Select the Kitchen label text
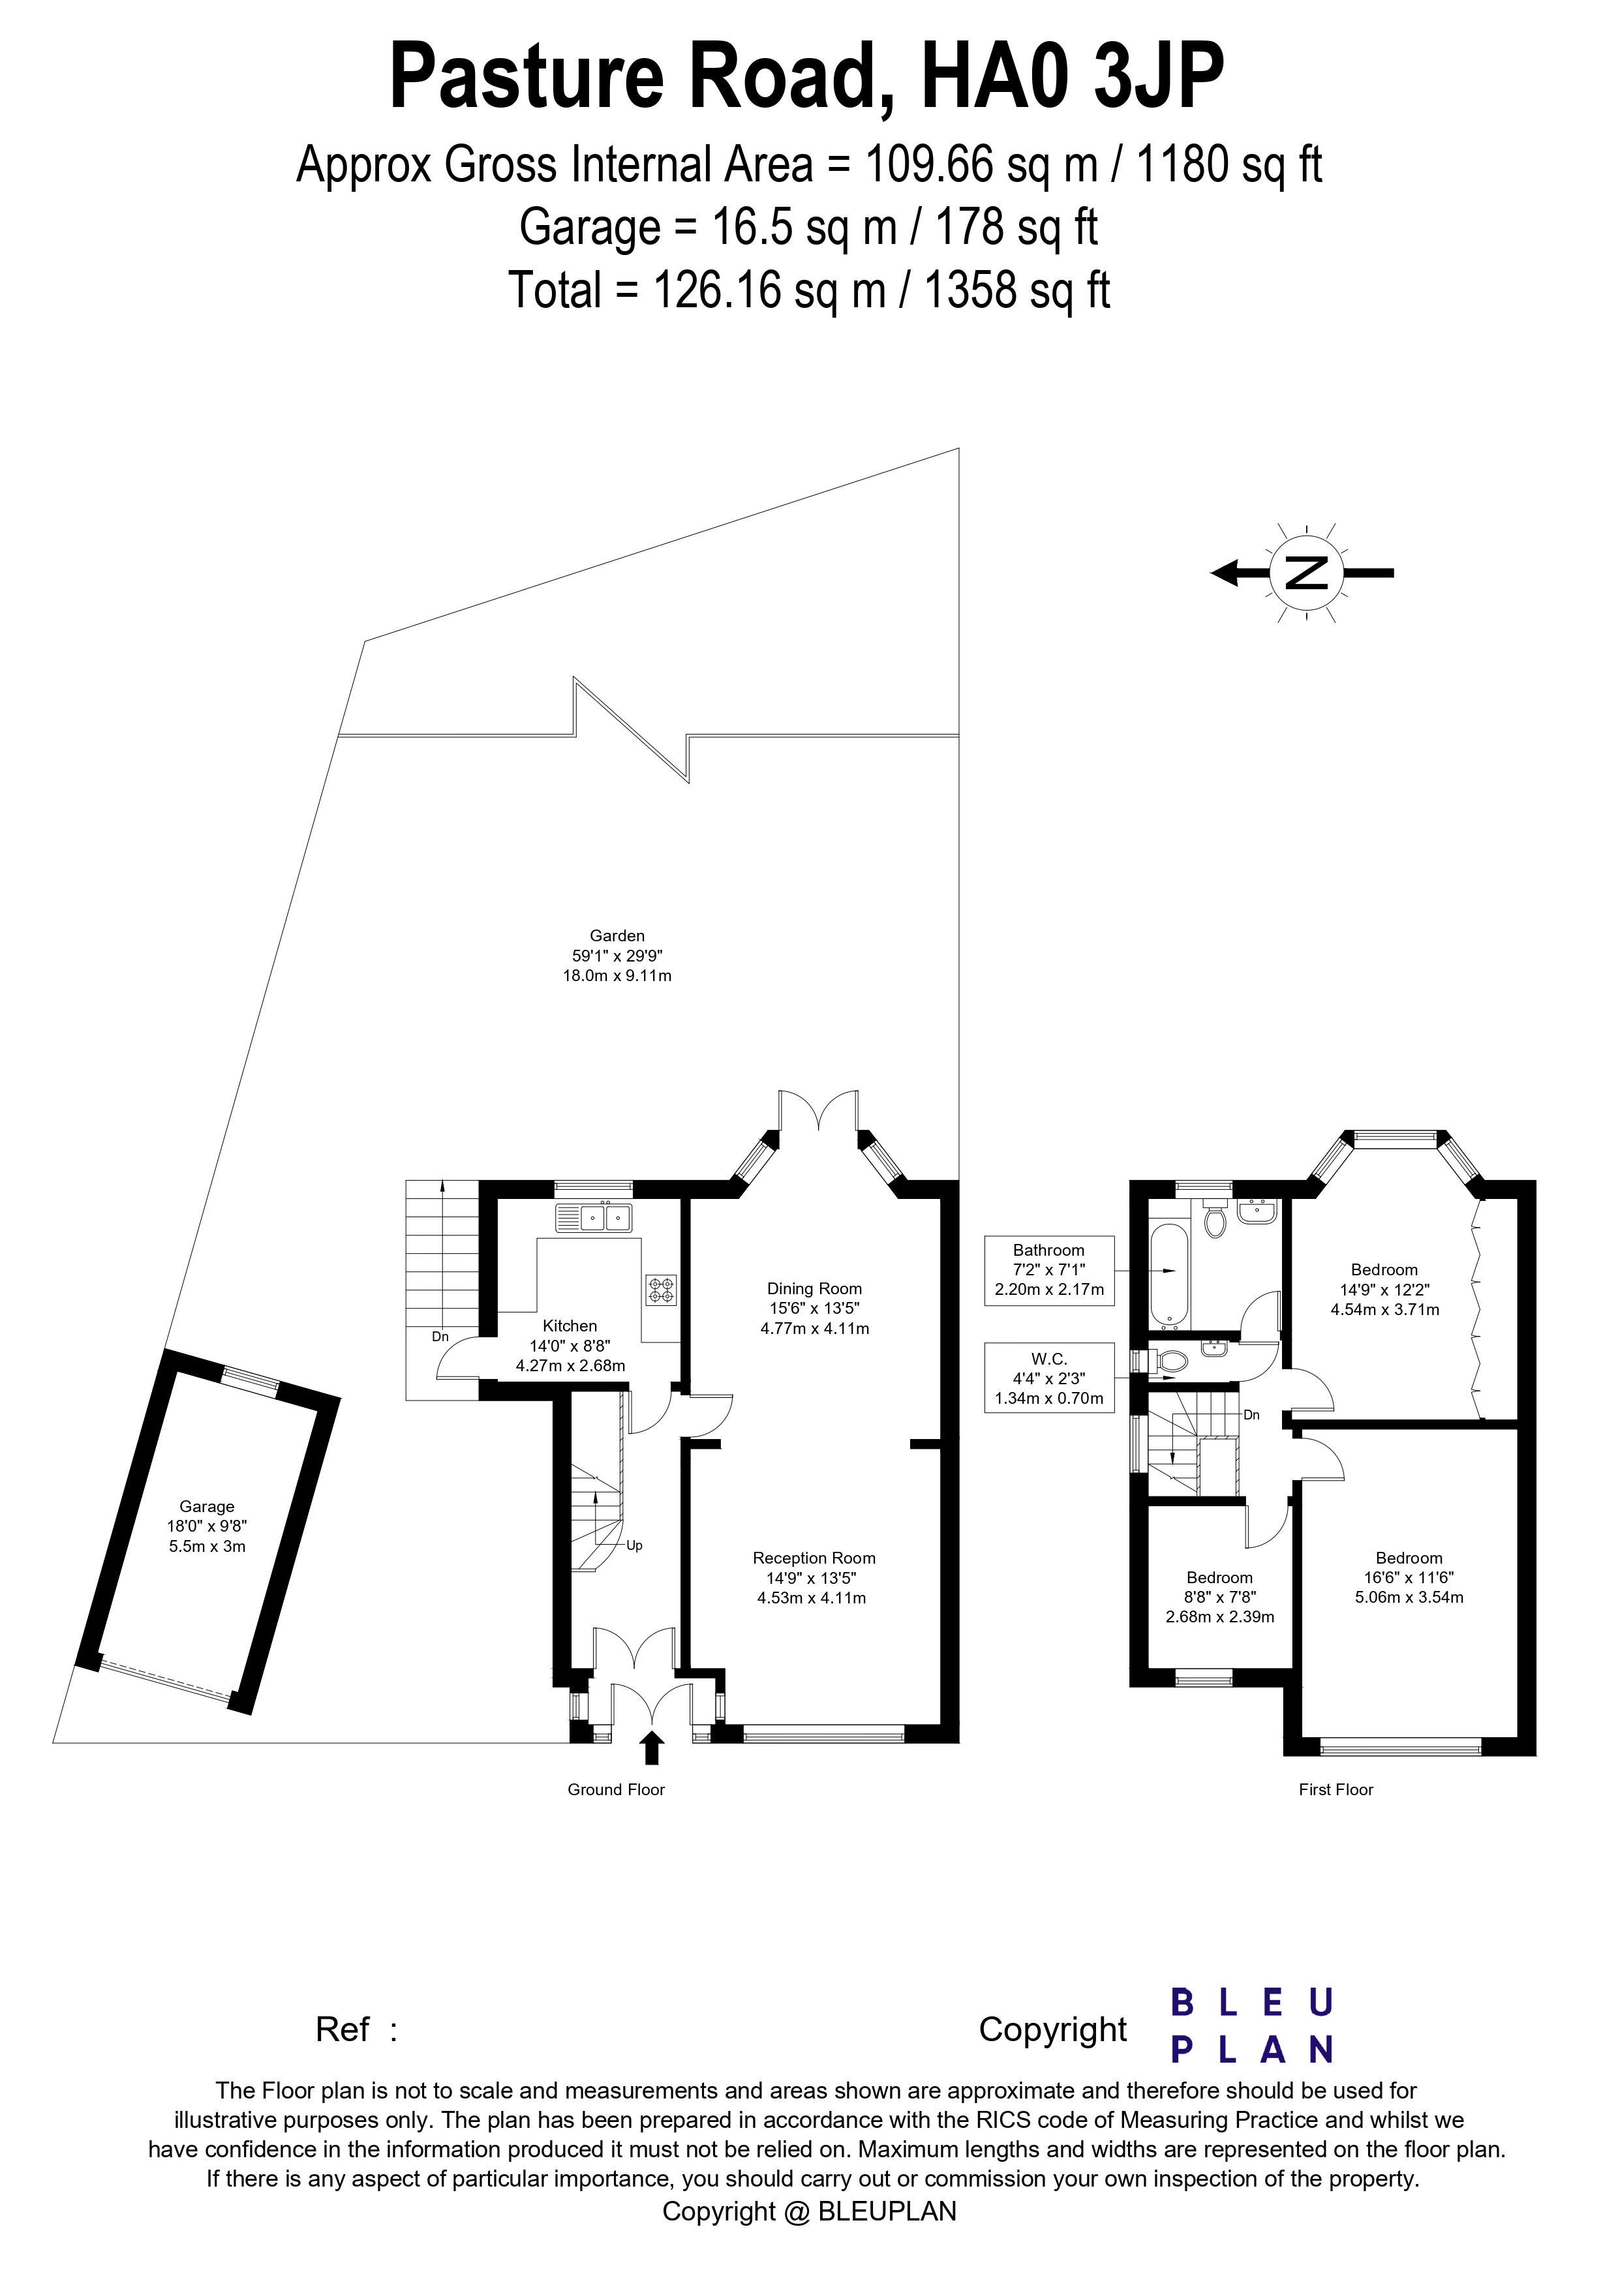(x=570, y=1326)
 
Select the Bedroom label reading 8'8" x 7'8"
(x=1220, y=1597)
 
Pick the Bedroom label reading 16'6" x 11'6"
(x=1410, y=1577)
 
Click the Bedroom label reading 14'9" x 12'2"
(x=1384, y=1289)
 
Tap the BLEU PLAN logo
(x=1251, y=2026)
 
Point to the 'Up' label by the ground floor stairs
(x=634, y=1546)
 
